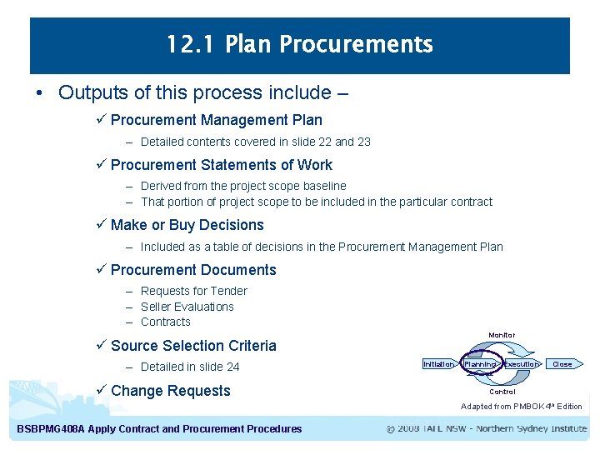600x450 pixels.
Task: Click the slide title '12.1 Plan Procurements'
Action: (x=299, y=43)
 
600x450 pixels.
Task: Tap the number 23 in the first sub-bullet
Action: (x=363, y=142)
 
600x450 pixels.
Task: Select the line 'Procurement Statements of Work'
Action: (x=221, y=165)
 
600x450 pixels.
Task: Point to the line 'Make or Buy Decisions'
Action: (x=187, y=225)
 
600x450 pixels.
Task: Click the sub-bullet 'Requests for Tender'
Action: (x=193, y=291)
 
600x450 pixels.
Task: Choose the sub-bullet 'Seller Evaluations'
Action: (x=187, y=307)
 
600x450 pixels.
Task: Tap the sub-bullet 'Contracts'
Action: (x=165, y=322)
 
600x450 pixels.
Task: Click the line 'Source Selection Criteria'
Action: (x=193, y=346)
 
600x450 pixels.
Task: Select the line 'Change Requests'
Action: (x=170, y=391)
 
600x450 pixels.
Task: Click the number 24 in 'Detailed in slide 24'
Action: (x=232, y=367)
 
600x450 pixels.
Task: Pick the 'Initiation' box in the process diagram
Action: (x=438, y=364)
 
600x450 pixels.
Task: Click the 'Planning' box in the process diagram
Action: (x=480, y=364)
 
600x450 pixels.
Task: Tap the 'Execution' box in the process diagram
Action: (x=522, y=364)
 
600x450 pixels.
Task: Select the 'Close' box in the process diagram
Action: (x=563, y=364)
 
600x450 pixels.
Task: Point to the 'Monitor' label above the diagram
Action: (x=502, y=335)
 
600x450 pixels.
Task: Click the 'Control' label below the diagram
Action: (x=502, y=392)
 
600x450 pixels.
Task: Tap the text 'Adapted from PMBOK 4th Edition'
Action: (x=522, y=407)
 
